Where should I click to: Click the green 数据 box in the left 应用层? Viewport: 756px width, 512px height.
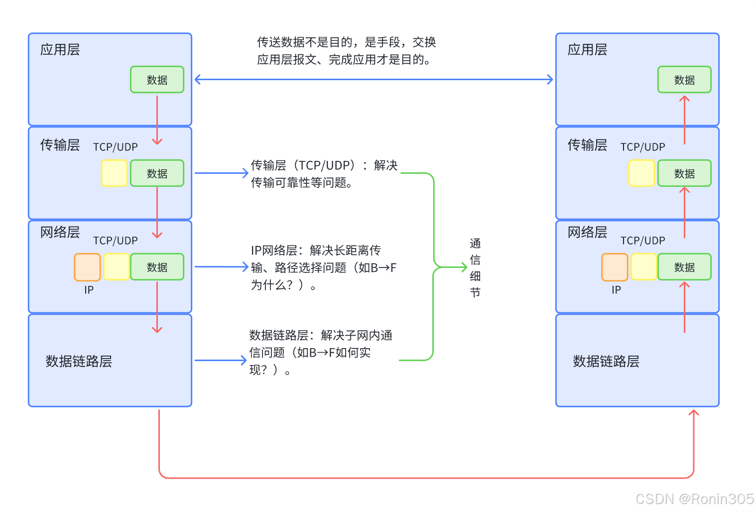157,80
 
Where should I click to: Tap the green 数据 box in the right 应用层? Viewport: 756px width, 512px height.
684,80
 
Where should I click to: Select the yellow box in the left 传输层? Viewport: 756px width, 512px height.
114,173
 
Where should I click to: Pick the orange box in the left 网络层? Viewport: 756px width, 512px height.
87,267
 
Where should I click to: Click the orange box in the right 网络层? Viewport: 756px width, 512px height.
615,267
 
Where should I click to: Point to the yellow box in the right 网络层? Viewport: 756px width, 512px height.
643,267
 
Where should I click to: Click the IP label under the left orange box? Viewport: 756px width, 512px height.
89,290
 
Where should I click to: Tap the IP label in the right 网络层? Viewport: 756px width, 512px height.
616,290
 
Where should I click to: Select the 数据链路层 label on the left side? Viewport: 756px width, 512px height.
79,361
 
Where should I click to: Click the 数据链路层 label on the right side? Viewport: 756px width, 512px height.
606,361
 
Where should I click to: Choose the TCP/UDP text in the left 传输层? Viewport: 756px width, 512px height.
116,147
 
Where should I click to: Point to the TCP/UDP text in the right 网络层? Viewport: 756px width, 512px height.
642,241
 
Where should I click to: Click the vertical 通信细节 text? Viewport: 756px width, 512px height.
475,267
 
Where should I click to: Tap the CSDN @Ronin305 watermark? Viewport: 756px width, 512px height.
695,499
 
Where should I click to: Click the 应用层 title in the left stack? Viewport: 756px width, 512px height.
60,50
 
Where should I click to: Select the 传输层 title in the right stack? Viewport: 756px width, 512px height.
587,145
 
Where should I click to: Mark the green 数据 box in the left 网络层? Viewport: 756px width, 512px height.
157,267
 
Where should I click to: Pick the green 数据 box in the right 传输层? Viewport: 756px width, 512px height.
684,173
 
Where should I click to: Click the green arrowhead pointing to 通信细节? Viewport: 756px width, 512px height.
464,267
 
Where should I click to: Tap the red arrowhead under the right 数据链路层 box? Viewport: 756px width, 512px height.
693,412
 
